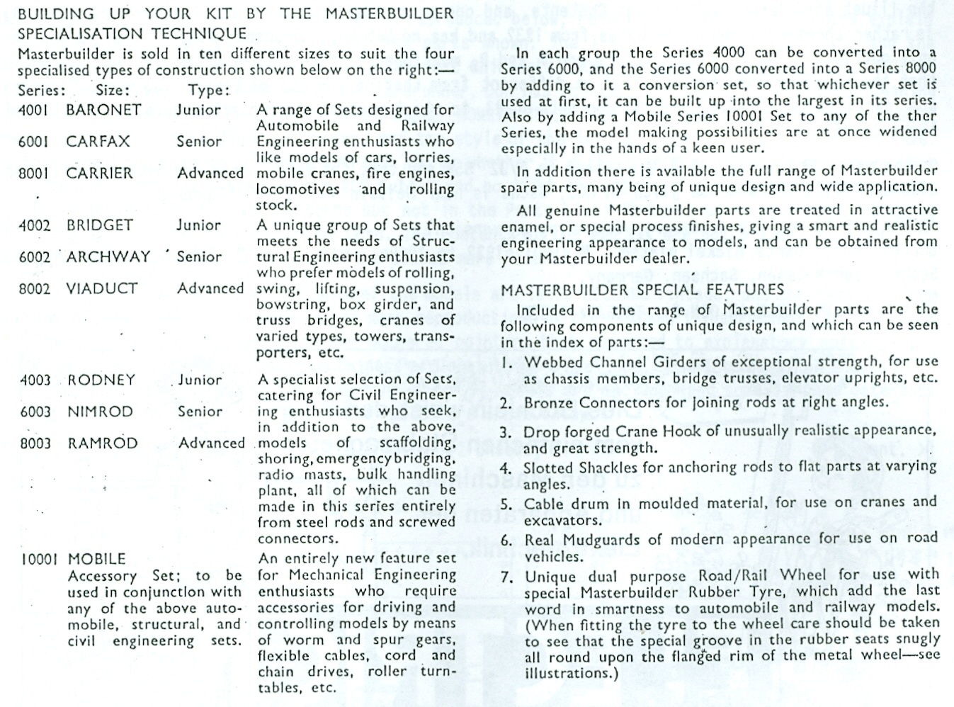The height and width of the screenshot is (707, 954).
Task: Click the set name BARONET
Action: (x=103, y=111)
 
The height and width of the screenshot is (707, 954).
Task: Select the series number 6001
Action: (x=34, y=142)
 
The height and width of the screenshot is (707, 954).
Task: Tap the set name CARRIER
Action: (x=99, y=174)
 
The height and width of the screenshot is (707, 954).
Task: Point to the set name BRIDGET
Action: (x=100, y=225)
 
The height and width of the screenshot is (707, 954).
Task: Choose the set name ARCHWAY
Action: (x=108, y=256)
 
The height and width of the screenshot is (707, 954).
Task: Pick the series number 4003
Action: (x=35, y=380)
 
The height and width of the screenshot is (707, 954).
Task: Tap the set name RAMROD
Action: (x=103, y=443)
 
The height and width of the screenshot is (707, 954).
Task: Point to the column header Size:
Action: (x=113, y=91)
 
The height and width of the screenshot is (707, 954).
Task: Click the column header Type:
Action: (x=210, y=91)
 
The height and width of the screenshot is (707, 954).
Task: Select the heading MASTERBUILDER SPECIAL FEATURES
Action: (x=642, y=290)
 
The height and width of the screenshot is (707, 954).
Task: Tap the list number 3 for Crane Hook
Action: (x=506, y=433)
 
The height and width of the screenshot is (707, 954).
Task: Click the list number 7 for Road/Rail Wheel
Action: (x=506, y=577)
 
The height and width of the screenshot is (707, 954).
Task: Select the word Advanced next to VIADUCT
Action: (x=210, y=288)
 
